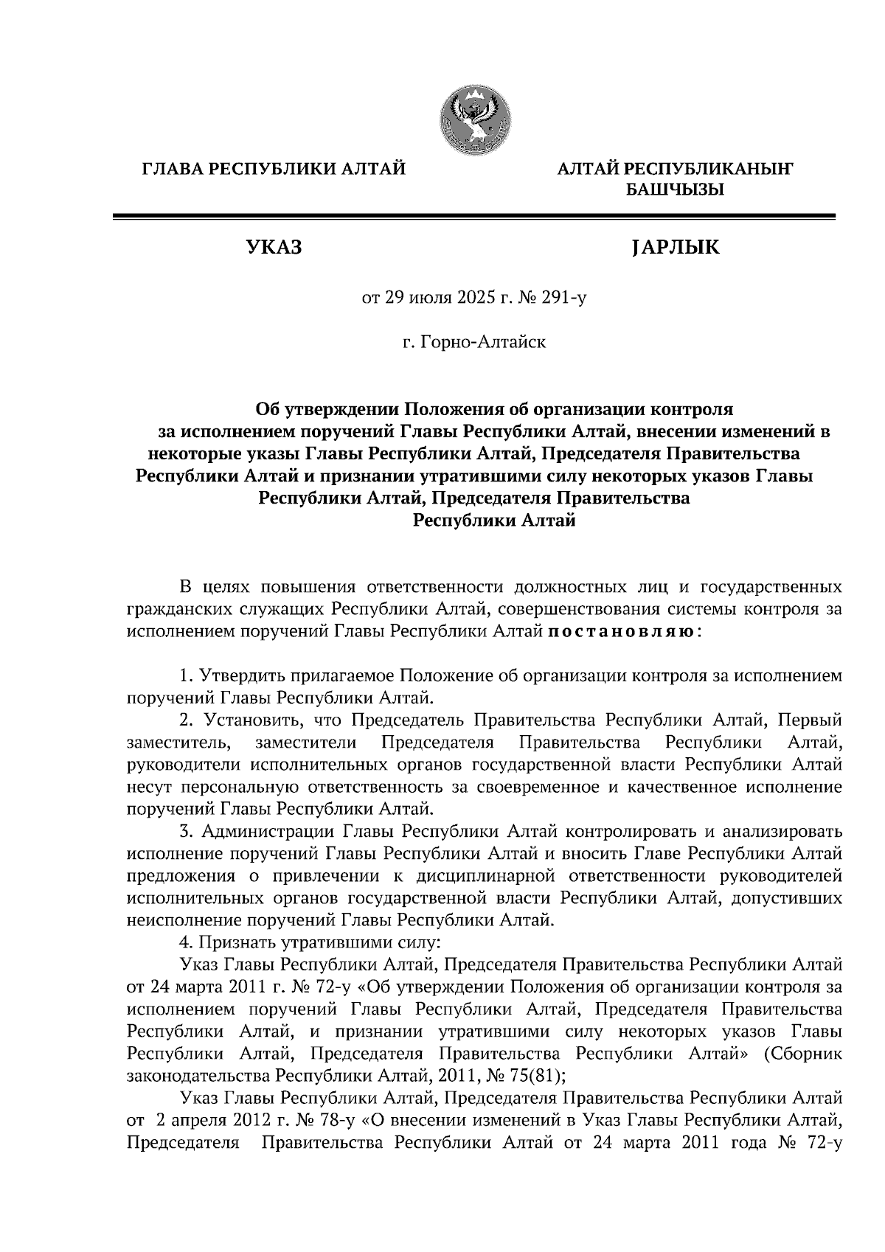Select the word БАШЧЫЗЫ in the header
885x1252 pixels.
[x=675, y=189]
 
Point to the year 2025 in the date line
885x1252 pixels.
[x=457, y=298]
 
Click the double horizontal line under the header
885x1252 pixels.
[x=473, y=216]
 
